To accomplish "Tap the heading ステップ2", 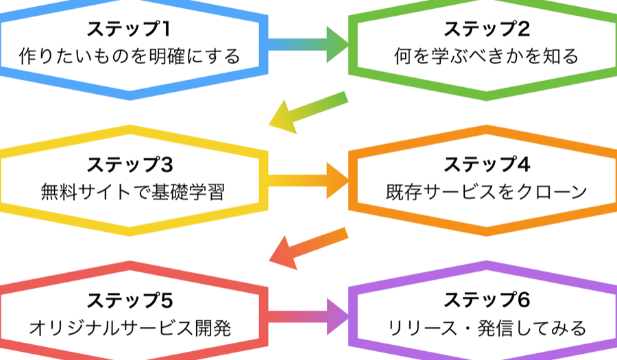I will tap(487, 30).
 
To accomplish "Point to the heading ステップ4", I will tap(487, 166).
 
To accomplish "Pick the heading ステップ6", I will tap(487, 302).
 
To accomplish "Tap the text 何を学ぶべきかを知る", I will tap(487, 56).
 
